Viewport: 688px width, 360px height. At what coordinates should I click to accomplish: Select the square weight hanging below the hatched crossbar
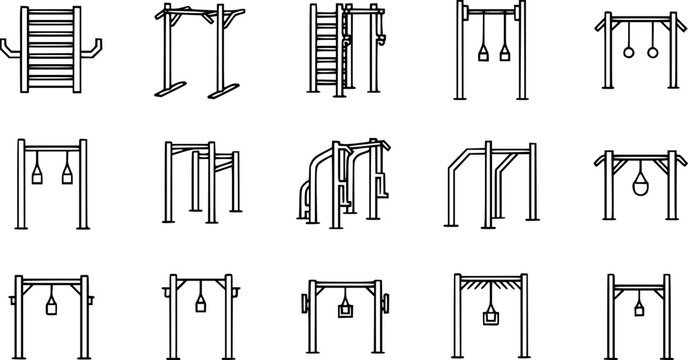pyautogui.click(x=490, y=318)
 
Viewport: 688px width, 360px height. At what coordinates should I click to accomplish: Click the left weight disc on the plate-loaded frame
pyautogui.click(x=301, y=301)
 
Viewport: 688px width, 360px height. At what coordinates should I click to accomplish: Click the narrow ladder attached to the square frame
pyautogui.click(x=324, y=50)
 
